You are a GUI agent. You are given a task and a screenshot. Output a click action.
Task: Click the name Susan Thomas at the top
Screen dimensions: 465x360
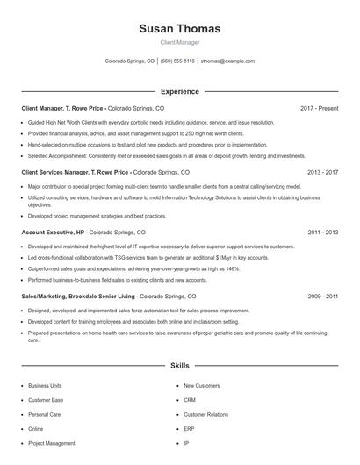179,29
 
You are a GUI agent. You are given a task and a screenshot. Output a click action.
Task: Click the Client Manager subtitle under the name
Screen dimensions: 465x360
179,42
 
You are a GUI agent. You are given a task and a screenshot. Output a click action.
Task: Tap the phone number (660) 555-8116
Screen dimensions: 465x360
177,61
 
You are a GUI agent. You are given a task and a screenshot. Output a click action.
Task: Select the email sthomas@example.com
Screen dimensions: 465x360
227,61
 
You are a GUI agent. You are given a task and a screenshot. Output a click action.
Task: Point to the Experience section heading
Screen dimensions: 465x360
179,91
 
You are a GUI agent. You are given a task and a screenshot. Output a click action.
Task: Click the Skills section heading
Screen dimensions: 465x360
179,364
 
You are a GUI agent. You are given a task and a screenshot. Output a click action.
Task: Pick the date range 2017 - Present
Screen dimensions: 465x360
319,108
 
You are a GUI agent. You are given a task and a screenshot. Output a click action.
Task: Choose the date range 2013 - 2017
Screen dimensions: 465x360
322,173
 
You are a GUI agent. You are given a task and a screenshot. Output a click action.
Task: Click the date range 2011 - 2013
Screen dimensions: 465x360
322,232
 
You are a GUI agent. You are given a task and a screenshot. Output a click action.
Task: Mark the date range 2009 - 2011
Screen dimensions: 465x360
322,297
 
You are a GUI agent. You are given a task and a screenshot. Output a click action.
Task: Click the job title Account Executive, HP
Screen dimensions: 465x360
54,232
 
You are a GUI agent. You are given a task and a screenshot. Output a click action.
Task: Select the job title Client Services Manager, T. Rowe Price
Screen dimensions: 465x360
75,173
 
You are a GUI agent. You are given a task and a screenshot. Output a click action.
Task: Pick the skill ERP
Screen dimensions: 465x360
189,429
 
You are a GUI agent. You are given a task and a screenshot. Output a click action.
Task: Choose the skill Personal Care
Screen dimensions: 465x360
44,414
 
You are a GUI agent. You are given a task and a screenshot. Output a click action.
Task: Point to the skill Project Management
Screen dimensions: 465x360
51,443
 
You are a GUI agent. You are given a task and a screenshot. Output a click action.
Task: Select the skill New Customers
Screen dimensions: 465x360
201,385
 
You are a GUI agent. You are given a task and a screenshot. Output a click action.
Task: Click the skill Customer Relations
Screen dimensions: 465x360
205,414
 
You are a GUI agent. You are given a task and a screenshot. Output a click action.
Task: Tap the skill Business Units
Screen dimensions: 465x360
45,385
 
